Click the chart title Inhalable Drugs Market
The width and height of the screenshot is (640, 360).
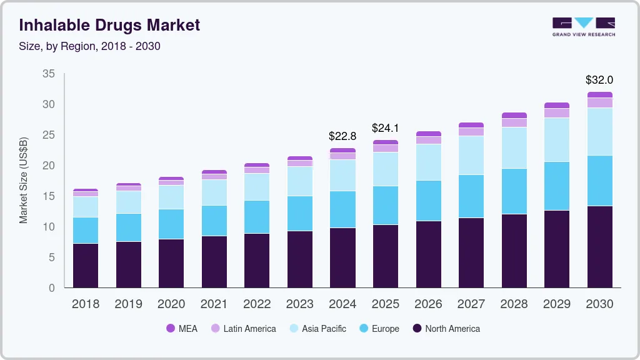coord(109,25)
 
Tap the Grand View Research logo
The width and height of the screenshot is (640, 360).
coord(583,26)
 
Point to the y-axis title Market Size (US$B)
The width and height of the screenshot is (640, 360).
coord(24,180)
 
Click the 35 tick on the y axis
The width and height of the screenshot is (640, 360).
coord(48,74)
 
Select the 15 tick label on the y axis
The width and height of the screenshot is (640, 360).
coord(48,196)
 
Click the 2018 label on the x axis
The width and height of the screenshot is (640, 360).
coord(86,304)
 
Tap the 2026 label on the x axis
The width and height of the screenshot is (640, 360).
coord(428,304)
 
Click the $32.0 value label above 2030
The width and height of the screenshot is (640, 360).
coord(599,80)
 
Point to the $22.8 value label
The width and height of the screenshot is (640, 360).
coord(342,136)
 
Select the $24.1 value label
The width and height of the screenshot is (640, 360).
coord(385,128)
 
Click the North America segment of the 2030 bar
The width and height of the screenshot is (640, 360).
coord(599,247)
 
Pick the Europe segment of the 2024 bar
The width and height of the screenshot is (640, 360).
coord(342,209)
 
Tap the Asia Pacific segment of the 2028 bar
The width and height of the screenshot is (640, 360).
coord(514,147)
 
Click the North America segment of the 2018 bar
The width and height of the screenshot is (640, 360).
coord(86,266)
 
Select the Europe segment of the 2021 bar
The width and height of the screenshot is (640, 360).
coord(214,221)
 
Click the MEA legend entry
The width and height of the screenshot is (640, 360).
coord(182,329)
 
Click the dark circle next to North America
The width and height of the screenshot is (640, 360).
coord(417,329)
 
